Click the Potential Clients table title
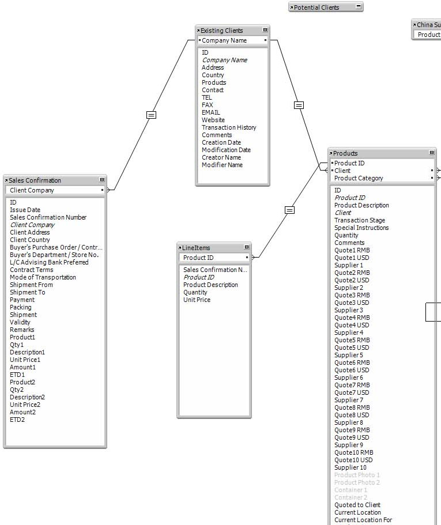coord(316,7)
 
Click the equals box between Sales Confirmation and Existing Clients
coord(151,115)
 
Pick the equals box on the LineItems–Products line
coord(289,210)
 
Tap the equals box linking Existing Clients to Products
coord(299,105)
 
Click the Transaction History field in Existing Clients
coord(229,127)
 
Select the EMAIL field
coord(211,112)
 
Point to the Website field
coord(213,120)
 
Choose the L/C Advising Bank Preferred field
coord(49,262)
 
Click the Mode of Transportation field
coord(43,277)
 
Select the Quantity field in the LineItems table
coord(195,292)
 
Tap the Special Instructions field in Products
coord(361,228)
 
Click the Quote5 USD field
coord(352,348)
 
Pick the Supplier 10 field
coord(350,467)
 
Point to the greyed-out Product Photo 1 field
coord(357,475)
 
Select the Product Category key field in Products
coord(359,178)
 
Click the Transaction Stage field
coord(360,220)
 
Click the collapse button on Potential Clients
coord(359,7)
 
